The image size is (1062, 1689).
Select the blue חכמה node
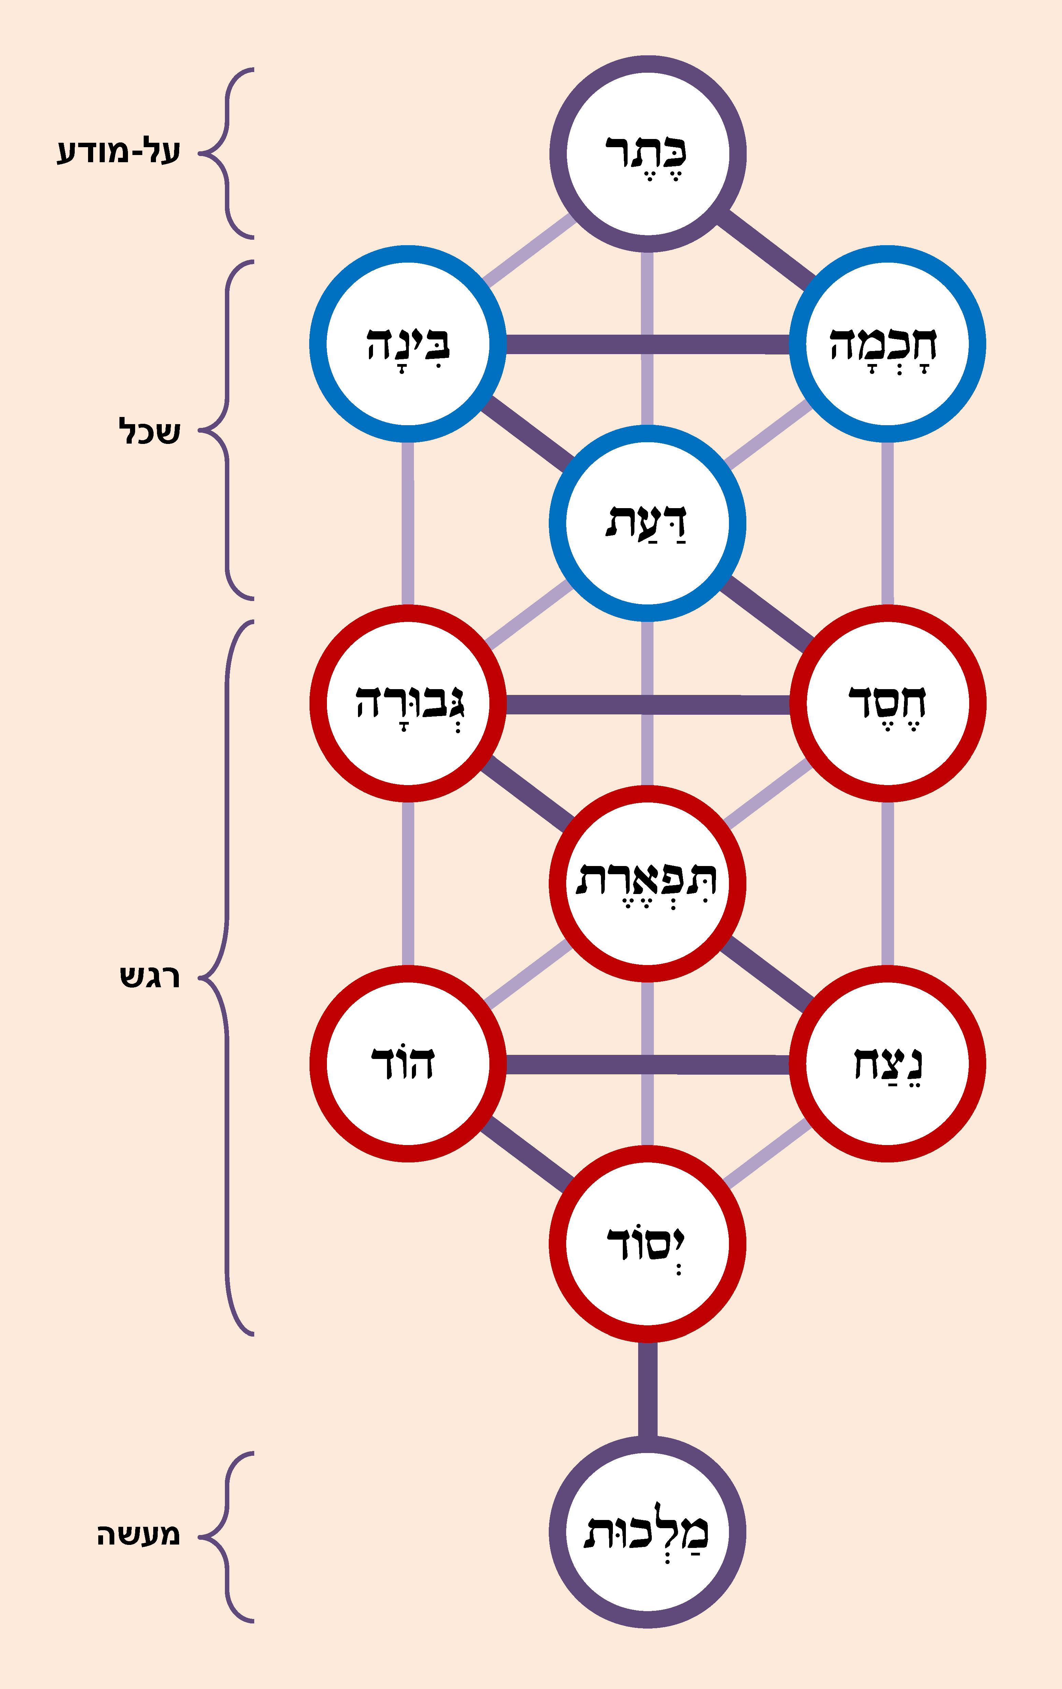coord(888,344)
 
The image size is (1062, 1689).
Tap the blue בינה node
coord(408,344)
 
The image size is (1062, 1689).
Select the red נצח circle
coord(888,1063)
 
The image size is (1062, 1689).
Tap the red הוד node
coord(408,1063)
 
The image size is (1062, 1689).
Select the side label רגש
coord(149,976)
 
